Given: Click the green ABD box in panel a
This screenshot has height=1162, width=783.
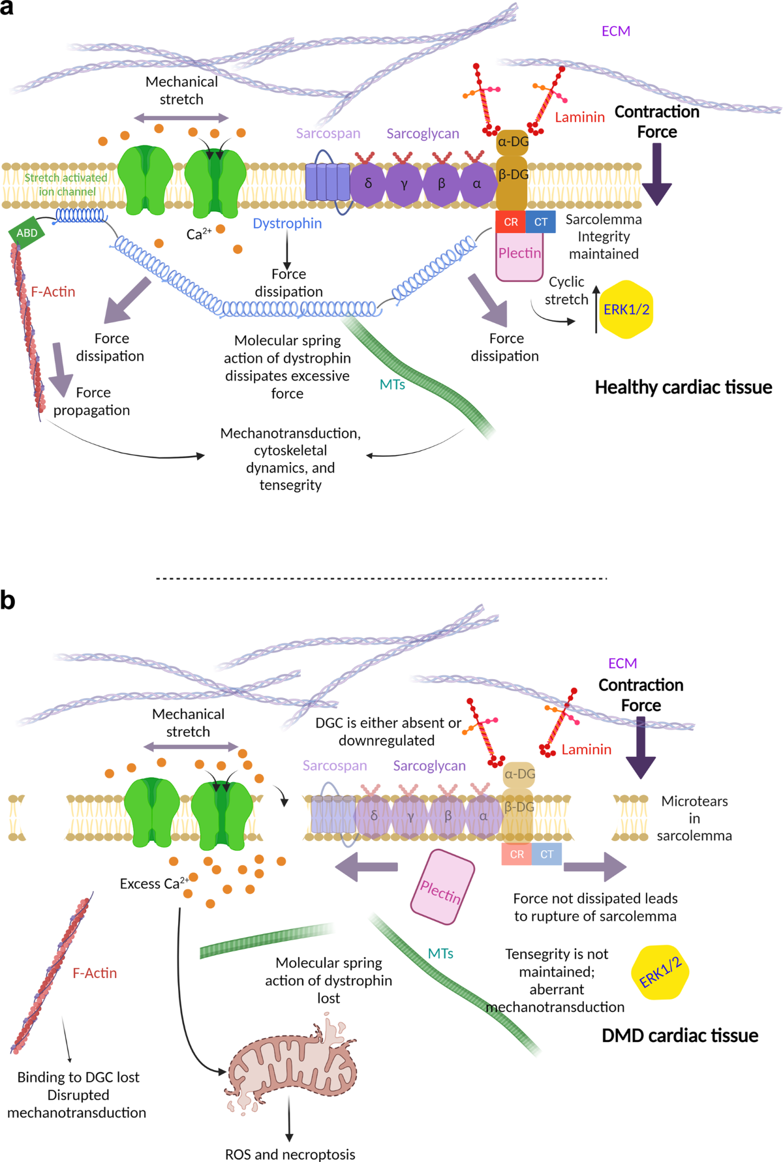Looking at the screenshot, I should [x=27, y=234].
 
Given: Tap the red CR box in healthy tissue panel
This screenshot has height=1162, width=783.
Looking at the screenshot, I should [x=510, y=222].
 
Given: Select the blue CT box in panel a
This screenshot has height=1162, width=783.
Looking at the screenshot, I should [x=541, y=222].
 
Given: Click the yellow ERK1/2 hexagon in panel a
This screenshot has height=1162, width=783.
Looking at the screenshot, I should [x=626, y=309].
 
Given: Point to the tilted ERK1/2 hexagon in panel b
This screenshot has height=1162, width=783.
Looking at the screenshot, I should [x=660, y=972].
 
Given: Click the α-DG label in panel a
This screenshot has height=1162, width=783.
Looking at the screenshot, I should [x=513, y=142].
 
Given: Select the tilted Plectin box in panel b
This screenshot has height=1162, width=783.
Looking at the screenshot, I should [x=442, y=887].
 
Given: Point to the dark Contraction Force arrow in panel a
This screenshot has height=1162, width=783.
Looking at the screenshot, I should [x=656, y=174].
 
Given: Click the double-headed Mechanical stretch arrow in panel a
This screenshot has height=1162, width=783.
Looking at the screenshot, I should [x=181, y=118].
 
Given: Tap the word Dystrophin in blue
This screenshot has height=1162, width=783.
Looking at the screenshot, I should [x=287, y=223].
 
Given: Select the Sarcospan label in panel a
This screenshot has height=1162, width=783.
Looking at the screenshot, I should [x=328, y=133].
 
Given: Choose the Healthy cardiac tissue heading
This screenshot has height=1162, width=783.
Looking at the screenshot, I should [x=683, y=388].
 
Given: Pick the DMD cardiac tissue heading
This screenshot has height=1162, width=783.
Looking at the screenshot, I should [x=679, y=1035].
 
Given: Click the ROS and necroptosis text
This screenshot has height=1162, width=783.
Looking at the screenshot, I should [x=290, y=1154].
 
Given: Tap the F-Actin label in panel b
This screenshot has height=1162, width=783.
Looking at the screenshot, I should [x=95, y=973].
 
